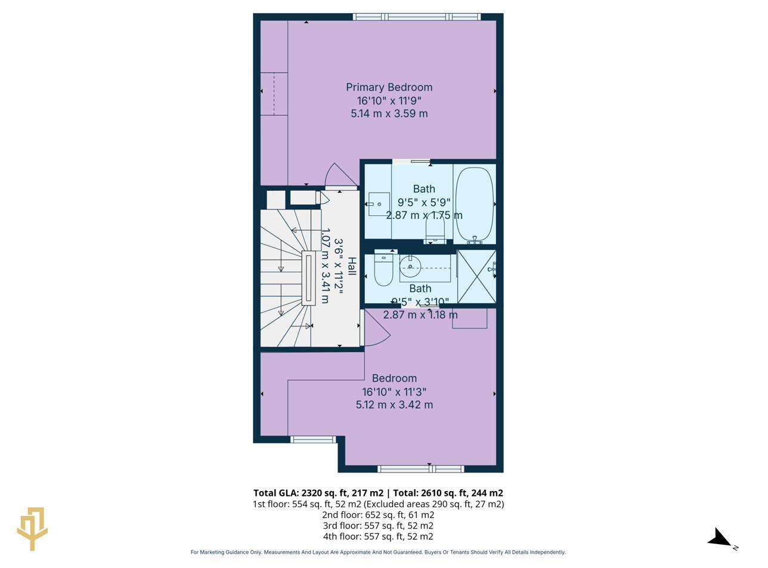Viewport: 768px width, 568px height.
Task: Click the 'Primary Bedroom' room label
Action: pos(389,87)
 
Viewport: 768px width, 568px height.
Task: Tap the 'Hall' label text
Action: pos(351,266)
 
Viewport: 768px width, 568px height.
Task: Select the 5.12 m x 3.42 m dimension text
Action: pos(394,405)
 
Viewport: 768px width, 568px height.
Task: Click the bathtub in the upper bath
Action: pos(474,203)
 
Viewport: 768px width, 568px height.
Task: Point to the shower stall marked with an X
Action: pos(476,277)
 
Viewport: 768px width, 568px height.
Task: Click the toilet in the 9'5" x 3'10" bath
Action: pos(383,270)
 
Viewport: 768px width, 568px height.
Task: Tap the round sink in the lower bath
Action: pos(410,267)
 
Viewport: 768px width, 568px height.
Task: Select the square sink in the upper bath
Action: pos(379,204)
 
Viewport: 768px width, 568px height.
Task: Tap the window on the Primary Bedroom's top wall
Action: pos(416,17)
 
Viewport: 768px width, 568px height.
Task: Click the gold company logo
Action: pos(32,528)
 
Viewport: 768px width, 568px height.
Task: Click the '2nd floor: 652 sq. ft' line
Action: pos(378,515)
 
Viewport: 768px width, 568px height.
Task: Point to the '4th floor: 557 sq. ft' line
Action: pos(378,536)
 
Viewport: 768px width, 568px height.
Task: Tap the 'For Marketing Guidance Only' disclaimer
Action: pos(378,552)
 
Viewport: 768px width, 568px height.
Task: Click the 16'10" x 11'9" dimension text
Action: pos(389,100)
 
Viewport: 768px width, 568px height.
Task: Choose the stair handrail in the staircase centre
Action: pos(308,279)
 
